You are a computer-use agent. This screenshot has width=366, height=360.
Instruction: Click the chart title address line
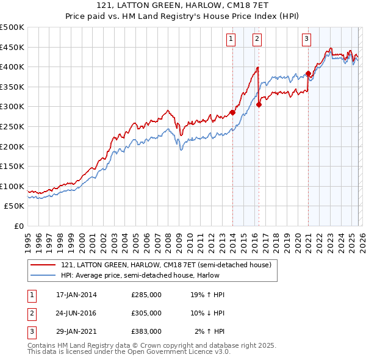pos(182,5)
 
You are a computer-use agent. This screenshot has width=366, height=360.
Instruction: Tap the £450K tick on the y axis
pos(12,47)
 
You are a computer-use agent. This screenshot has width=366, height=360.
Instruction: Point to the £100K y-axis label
pos(12,186)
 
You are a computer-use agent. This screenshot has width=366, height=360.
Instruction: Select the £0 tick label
pos(18,226)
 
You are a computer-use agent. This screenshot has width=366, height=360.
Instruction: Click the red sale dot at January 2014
pos(232,112)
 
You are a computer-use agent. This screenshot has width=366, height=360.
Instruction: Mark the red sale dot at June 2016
pos(259,104)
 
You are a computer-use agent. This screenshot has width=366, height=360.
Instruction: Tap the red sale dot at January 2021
pos(308,73)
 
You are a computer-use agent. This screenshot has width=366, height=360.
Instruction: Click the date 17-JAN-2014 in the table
pos(76,295)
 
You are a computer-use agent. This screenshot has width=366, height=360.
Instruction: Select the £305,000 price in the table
pos(146,313)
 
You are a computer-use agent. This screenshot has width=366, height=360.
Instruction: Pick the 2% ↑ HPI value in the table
pos(210,331)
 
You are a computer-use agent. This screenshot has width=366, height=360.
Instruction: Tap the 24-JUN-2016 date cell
pos(76,313)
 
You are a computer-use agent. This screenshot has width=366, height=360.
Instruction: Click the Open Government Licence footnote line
pos(129,352)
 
